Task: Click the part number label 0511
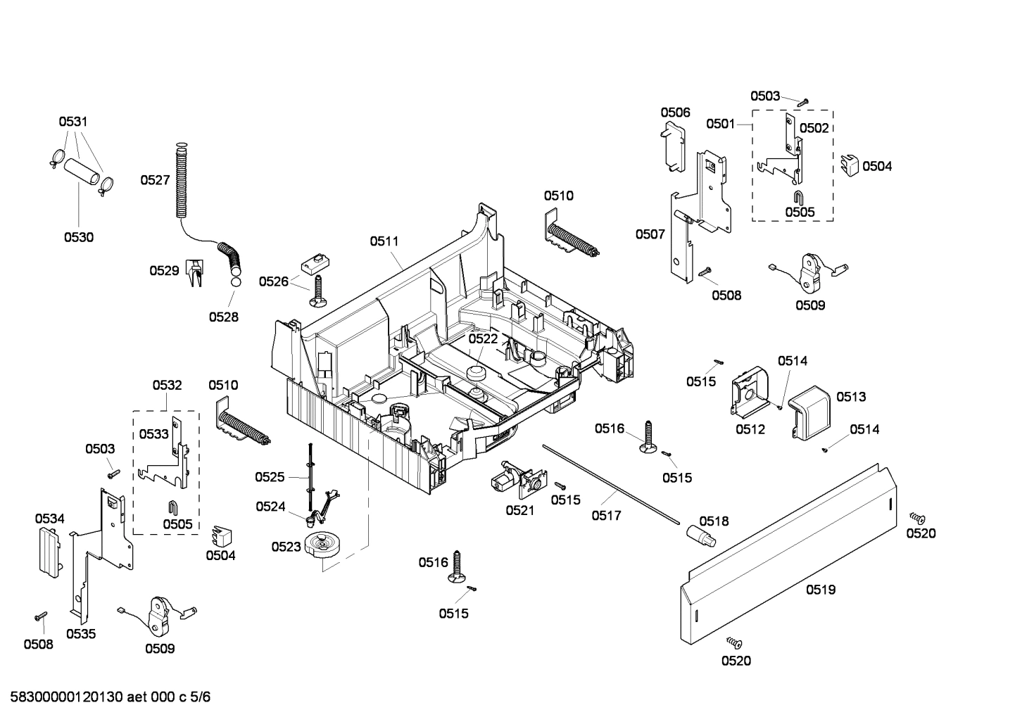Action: pyautogui.click(x=384, y=241)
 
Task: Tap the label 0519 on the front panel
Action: pyautogui.click(x=821, y=590)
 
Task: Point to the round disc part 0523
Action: pyautogui.click(x=323, y=547)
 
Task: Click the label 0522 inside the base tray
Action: pyautogui.click(x=484, y=338)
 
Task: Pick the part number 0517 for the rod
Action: pyautogui.click(x=606, y=516)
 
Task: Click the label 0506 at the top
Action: pyautogui.click(x=675, y=112)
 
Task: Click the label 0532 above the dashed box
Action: pyautogui.click(x=167, y=385)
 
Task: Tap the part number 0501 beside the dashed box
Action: pyautogui.click(x=721, y=124)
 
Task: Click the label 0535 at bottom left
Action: pyautogui.click(x=81, y=634)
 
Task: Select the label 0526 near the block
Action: pyautogui.click(x=274, y=281)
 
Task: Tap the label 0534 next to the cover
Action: pyautogui.click(x=50, y=519)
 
